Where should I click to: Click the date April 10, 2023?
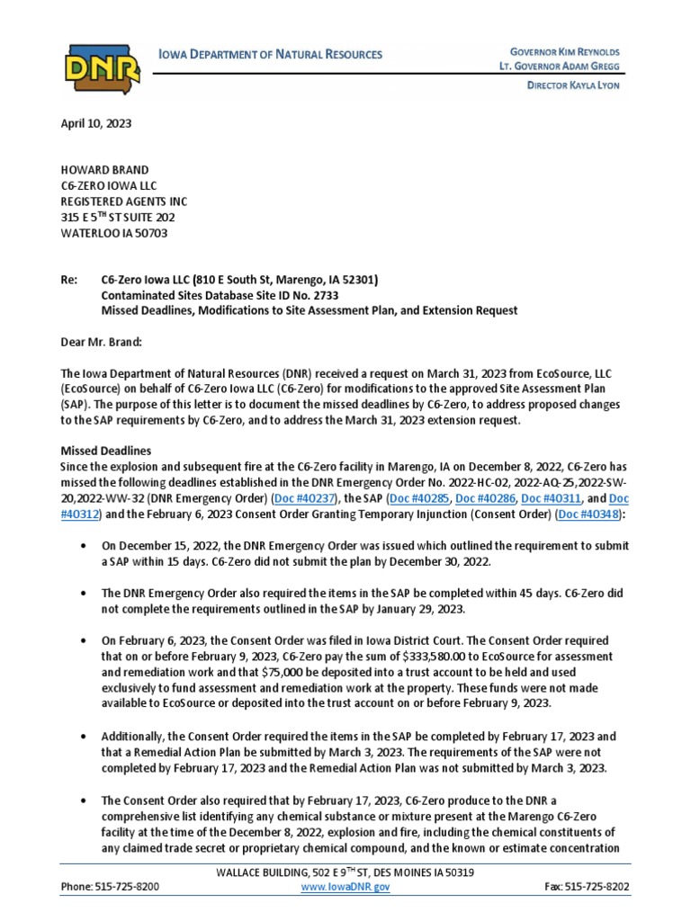click(95, 124)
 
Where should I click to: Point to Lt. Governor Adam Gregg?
click(560, 67)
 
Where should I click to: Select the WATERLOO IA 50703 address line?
click(113, 233)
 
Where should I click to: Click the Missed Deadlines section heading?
click(105, 450)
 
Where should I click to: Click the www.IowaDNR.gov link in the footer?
click(346, 887)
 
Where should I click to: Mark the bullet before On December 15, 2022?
click(84, 547)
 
